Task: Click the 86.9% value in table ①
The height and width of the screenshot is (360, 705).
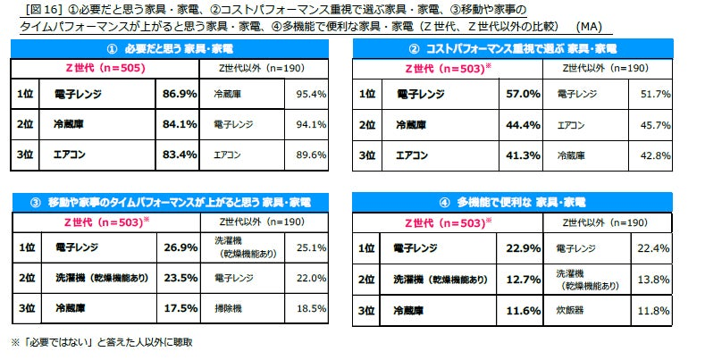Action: [x=179, y=93]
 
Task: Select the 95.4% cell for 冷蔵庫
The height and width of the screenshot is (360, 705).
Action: [x=310, y=93]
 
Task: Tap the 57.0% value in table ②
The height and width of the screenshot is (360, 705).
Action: [x=523, y=93]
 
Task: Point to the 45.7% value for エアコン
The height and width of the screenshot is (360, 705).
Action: [x=654, y=124]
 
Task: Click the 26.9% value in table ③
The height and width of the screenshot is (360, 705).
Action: [x=179, y=247]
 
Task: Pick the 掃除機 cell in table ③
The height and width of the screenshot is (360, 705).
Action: [x=230, y=307]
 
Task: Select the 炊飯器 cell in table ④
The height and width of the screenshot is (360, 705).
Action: [x=572, y=310]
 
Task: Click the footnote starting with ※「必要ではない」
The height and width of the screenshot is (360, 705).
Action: [x=101, y=341]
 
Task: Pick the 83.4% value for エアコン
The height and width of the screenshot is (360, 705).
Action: [x=179, y=155]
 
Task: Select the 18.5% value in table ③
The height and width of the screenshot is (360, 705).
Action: [x=310, y=307]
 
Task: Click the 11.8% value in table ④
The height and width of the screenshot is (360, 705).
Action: [x=654, y=310]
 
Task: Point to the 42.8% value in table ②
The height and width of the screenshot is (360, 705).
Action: [x=654, y=155]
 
